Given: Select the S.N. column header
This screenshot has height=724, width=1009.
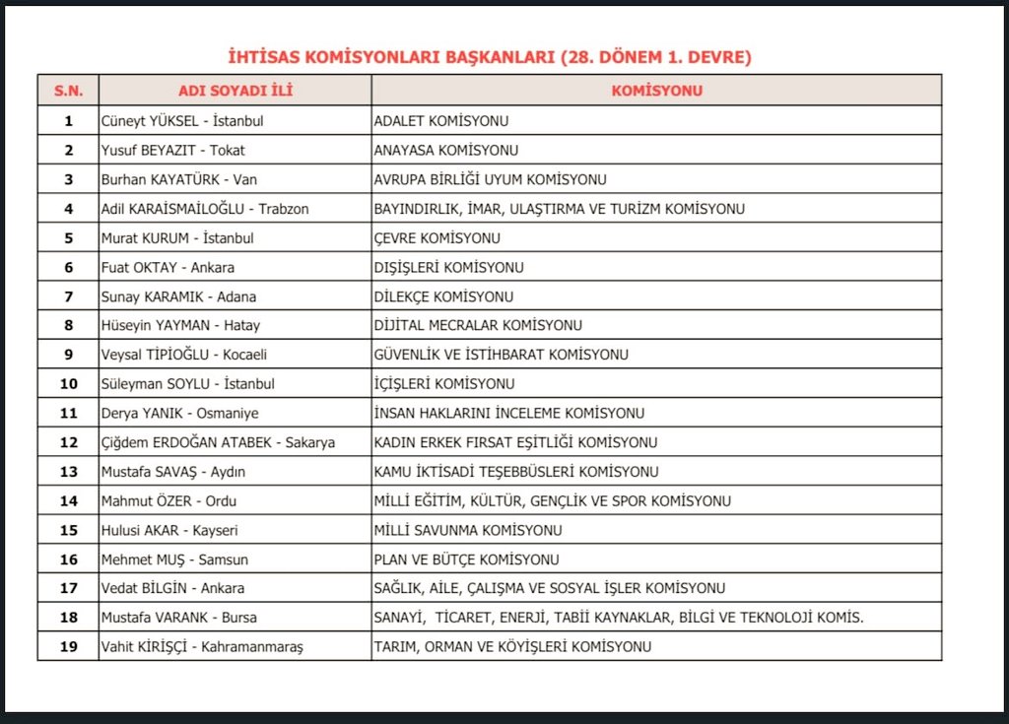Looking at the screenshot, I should [68, 91].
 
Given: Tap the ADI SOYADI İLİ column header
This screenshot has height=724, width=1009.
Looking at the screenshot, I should [235, 91].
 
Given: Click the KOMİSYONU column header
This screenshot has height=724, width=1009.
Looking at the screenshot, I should [656, 91].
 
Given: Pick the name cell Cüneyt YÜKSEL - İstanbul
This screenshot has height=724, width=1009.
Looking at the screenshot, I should [182, 121].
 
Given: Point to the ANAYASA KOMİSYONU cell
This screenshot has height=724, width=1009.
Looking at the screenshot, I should [446, 151].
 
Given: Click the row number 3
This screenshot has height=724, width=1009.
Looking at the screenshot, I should [68, 179].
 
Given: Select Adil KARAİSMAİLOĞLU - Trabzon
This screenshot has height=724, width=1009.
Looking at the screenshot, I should [205, 209].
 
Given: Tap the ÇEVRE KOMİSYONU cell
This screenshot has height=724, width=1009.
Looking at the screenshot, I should [437, 238].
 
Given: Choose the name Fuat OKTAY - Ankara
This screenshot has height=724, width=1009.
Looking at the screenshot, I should [168, 267].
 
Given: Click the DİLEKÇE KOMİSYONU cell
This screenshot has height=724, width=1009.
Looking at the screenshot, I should [443, 296].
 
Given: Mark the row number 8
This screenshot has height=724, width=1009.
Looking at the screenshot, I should [68, 325].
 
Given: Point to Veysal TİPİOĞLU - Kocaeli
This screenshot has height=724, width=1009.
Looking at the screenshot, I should [184, 355].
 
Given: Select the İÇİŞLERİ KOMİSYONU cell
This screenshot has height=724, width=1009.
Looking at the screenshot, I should [444, 384].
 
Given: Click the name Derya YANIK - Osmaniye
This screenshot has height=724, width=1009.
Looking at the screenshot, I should [179, 414].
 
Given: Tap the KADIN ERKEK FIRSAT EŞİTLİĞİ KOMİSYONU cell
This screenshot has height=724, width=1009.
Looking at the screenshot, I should [515, 442].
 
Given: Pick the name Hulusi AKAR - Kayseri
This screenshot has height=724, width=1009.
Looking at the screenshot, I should [169, 530].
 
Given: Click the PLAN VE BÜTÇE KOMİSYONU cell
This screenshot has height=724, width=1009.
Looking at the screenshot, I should [466, 559].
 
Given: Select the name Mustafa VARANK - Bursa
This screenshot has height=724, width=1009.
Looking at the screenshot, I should [178, 618].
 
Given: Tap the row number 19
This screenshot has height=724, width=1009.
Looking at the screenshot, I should [68, 646].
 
